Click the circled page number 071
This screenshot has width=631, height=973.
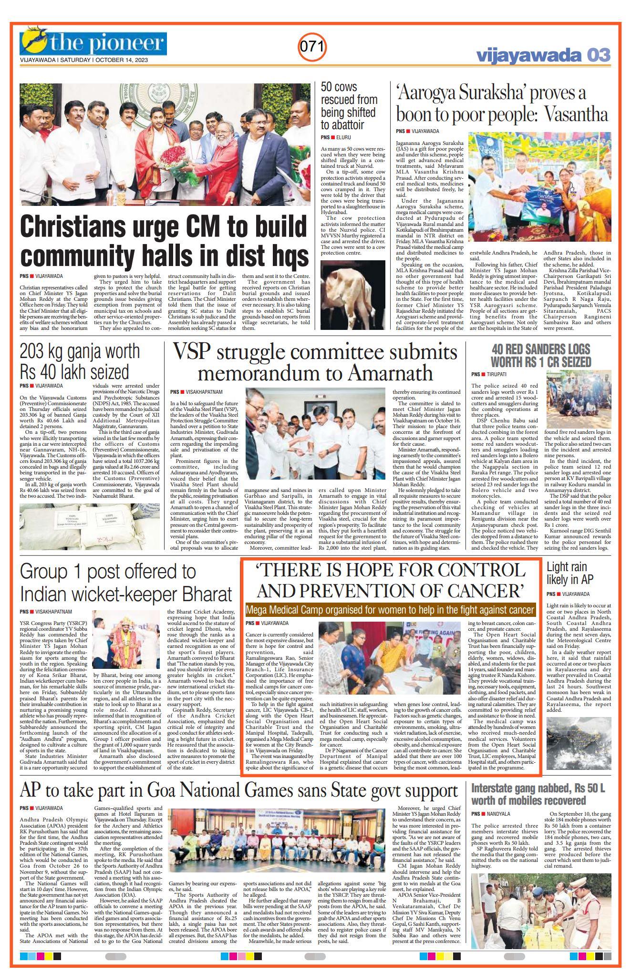click(312, 47)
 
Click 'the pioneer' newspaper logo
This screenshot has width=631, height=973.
click(93, 42)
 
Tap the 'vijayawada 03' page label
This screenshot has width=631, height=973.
click(543, 55)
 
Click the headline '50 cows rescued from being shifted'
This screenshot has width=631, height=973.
click(349, 106)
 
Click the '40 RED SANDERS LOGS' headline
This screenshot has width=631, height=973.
click(541, 355)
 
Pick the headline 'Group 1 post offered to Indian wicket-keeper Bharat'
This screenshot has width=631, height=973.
click(126, 583)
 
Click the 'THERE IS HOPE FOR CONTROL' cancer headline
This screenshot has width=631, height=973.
click(390, 580)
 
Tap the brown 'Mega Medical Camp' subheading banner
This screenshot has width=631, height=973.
click(390, 610)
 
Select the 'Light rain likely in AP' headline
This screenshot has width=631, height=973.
click(570, 574)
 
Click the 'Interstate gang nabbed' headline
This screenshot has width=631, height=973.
click(538, 794)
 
